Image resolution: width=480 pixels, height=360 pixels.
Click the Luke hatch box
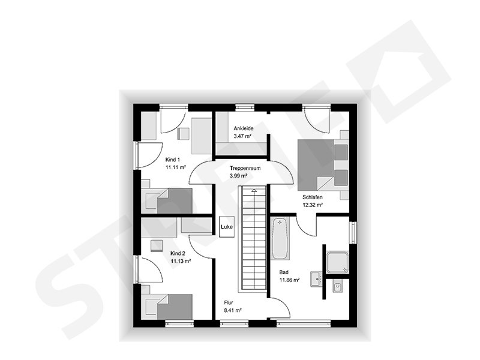click(226, 227)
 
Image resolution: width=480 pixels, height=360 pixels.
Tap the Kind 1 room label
click(173, 160)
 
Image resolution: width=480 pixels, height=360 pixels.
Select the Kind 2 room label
click(178, 253)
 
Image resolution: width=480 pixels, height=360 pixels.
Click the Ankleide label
click(244, 128)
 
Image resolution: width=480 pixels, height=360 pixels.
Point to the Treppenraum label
click(242, 168)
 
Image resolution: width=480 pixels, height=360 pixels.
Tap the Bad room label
click(284, 272)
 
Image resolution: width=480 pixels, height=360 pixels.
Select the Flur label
click(229, 303)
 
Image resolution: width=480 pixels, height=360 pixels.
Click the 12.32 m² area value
click(313, 205)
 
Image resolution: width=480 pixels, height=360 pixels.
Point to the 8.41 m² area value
click(233, 311)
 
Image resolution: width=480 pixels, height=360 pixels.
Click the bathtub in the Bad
click(280, 238)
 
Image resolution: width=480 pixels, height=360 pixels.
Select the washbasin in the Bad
click(316, 278)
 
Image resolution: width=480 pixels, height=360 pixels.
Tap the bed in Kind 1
click(168, 201)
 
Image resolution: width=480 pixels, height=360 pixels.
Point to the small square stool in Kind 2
click(157, 245)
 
